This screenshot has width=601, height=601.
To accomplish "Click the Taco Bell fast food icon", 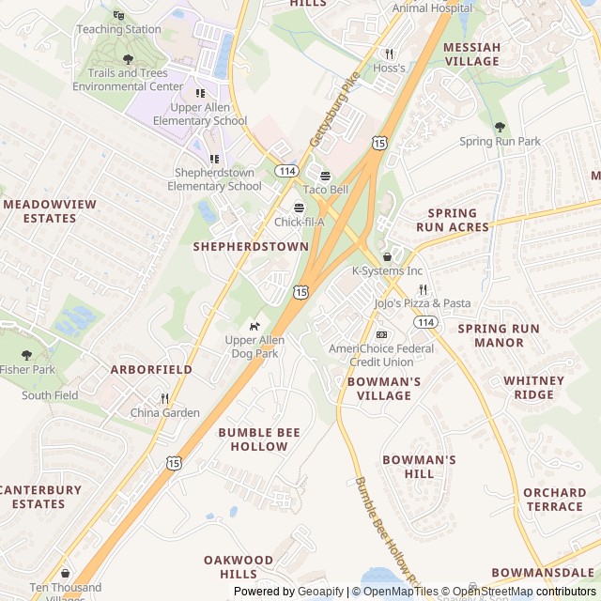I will click(326, 176).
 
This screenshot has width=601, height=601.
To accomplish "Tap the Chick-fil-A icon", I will click(300, 208).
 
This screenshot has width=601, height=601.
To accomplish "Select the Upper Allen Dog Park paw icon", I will click(254, 326).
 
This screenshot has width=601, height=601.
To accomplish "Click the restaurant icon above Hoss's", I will click(389, 54).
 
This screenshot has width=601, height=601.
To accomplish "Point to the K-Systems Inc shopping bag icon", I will click(387, 256).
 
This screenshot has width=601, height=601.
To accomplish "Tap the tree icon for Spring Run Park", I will click(500, 127).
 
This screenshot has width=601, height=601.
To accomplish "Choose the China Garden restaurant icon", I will click(165, 398).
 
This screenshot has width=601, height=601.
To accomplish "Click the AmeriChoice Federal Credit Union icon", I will click(381, 334).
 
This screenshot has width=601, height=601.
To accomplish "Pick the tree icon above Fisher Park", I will click(26, 355).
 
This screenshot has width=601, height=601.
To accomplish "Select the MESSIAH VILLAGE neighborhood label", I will click(471, 54).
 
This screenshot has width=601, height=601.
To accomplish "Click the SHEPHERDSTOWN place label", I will click(251, 246).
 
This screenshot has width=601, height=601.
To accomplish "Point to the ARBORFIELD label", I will click(151, 370).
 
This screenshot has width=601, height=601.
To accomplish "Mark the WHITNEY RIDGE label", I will click(534, 388).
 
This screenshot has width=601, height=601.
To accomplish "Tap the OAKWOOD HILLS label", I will click(239, 566).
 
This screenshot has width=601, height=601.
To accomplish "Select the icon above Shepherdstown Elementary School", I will click(214, 159).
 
